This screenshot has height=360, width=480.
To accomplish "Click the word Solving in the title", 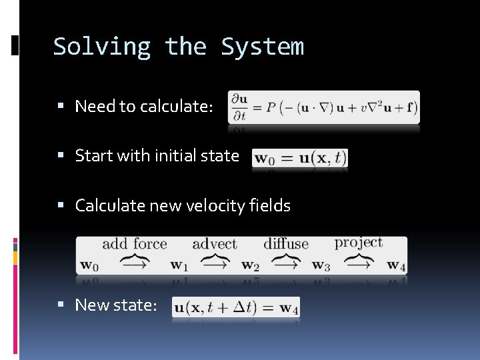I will pos(101,47).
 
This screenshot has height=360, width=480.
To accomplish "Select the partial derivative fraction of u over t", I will pos(239,107).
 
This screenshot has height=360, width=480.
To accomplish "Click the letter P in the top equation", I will pos(273,107).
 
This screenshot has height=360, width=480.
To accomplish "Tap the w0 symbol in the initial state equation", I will pos(265,159).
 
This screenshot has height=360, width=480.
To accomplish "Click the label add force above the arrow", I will pos(134,245).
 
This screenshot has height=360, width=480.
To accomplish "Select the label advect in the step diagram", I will pos(214,245).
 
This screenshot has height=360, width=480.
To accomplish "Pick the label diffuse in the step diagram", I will pos(285,244).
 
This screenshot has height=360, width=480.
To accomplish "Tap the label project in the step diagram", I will pos(359,243).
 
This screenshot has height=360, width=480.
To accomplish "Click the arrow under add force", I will pos(133,264).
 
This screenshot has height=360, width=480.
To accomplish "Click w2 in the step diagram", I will pos(250,265).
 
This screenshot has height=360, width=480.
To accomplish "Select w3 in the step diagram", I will pos(321,265).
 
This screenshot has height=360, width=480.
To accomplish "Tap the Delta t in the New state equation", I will pos(245,307).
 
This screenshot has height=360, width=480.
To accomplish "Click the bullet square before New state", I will pos(60,305).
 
